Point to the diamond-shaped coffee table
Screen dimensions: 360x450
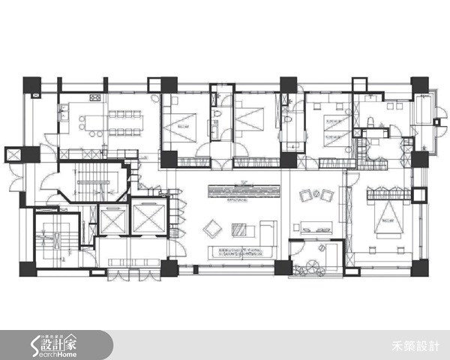[211, 226]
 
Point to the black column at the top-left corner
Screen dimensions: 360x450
[32, 85]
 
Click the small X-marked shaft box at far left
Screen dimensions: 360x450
[13, 153]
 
